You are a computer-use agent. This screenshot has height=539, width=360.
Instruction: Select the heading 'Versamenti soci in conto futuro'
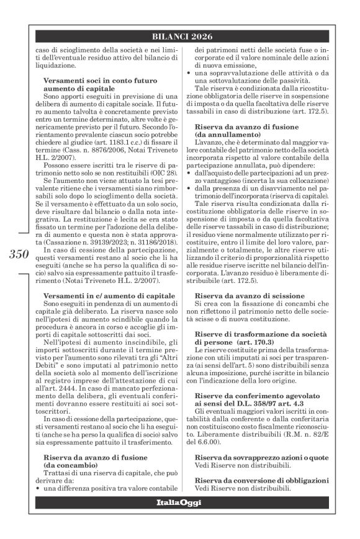click(96, 81)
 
